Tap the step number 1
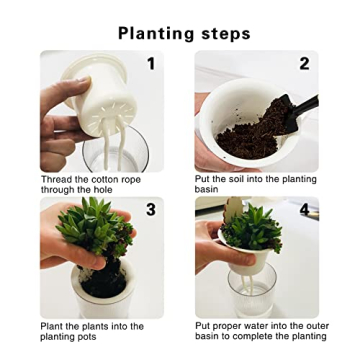pos(150,64)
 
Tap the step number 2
pos(304,64)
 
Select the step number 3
pos(150,209)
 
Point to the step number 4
pos(304,209)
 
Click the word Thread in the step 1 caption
pos(54,180)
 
